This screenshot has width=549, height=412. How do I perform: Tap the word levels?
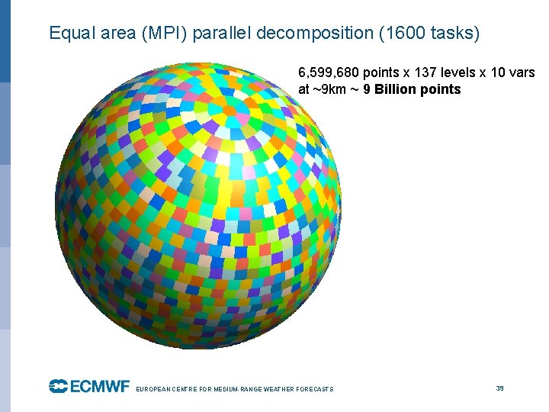463,73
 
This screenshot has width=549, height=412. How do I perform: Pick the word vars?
520,73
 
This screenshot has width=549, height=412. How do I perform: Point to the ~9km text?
332,89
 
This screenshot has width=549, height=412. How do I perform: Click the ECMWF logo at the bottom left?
89,386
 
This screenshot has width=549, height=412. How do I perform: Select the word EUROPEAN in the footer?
152,389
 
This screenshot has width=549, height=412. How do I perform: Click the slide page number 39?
500,388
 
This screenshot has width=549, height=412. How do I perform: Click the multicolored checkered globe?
198,206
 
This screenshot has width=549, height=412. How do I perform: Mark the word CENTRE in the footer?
184,389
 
